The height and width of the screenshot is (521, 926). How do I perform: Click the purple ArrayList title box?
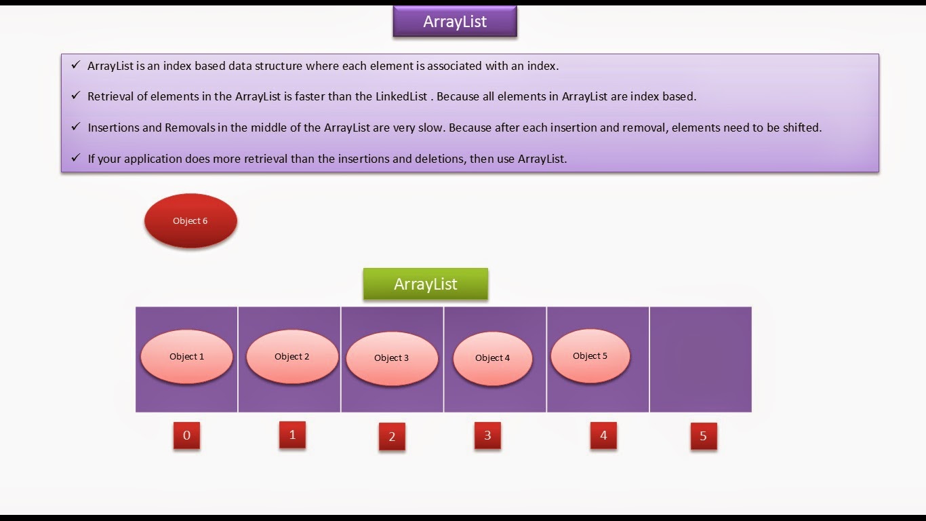click(x=455, y=22)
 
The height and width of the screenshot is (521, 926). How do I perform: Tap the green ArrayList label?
click(x=426, y=284)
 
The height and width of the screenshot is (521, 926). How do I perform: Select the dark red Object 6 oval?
click(x=190, y=221)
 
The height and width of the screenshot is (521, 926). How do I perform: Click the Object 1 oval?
click(x=186, y=357)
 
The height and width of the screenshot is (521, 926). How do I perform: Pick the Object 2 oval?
click(x=292, y=357)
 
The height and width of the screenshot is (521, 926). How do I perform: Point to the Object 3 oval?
click(x=392, y=358)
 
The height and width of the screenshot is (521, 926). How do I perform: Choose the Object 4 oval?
click(x=493, y=358)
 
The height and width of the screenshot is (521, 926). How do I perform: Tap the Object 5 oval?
click(x=590, y=356)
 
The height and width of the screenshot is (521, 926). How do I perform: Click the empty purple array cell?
click(x=700, y=359)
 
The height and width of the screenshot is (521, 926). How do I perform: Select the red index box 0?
click(x=186, y=436)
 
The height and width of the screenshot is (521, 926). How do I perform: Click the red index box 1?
click(x=292, y=435)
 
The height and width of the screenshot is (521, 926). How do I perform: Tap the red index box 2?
click(x=392, y=437)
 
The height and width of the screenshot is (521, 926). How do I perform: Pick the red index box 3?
click(x=487, y=436)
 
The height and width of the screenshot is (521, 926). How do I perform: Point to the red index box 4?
click(x=603, y=436)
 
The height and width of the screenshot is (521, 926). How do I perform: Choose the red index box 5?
click(x=703, y=436)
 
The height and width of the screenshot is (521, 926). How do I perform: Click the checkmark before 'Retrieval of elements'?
click(x=75, y=96)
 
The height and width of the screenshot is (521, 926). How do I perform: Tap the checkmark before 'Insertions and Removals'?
click(x=75, y=127)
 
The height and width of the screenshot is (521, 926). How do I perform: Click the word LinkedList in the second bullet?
click(x=401, y=96)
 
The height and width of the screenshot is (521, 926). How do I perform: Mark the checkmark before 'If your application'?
click(x=75, y=158)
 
